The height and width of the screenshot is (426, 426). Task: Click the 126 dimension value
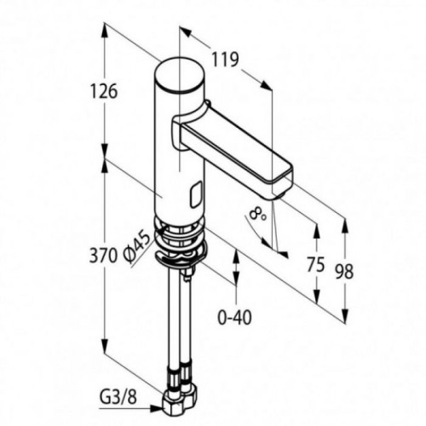[104, 91]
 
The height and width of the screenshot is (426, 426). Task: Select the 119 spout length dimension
[226, 60]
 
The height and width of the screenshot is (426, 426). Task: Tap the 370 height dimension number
[103, 255]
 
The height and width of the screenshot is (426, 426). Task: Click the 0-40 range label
[235, 317]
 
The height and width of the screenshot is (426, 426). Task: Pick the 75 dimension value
[316, 264]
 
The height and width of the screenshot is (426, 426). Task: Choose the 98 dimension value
[344, 271]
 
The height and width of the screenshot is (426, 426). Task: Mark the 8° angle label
[257, 215]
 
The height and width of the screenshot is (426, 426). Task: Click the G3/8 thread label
[118, 397]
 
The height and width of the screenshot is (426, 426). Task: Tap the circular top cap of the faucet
[180, 76]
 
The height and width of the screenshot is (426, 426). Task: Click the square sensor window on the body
[196, 194]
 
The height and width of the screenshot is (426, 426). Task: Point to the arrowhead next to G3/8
[157, 408]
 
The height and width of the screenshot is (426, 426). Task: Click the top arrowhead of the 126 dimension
[106, 30]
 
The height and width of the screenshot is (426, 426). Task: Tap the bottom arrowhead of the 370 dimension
[106, 346]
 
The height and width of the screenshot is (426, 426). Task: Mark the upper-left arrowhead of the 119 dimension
[186, 32]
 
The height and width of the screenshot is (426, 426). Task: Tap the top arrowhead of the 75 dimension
[317, 231]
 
